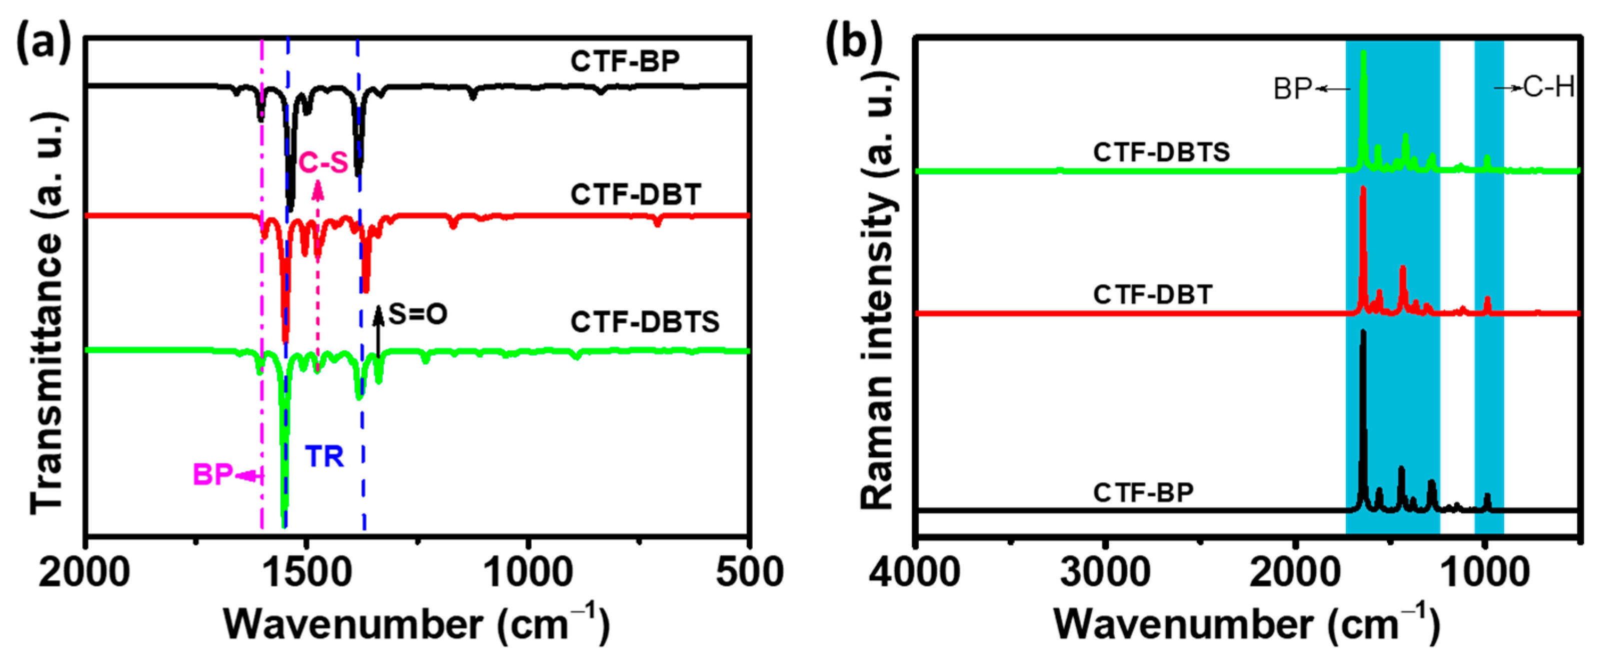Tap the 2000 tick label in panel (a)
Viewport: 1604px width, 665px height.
[84, 571]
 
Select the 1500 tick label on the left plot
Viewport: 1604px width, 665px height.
[307, 571]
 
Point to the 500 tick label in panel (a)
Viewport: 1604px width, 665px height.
[749, 571]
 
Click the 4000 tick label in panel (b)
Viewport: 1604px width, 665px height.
[914, 571]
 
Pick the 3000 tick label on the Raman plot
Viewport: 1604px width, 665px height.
[1105, 571]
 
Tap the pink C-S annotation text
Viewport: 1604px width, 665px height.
[323, 162]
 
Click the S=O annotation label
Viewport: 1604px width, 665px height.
[418, 314]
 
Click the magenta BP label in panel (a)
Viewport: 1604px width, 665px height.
[213, 474]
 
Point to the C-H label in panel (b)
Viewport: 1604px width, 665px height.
[1549, 87]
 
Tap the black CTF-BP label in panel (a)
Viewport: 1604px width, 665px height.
[625, 61]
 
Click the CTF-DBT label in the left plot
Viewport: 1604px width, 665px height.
[636, 195]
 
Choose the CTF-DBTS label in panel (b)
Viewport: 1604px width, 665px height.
[1161, 152]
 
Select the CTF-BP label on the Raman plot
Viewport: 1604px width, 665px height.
[1143, 492]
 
